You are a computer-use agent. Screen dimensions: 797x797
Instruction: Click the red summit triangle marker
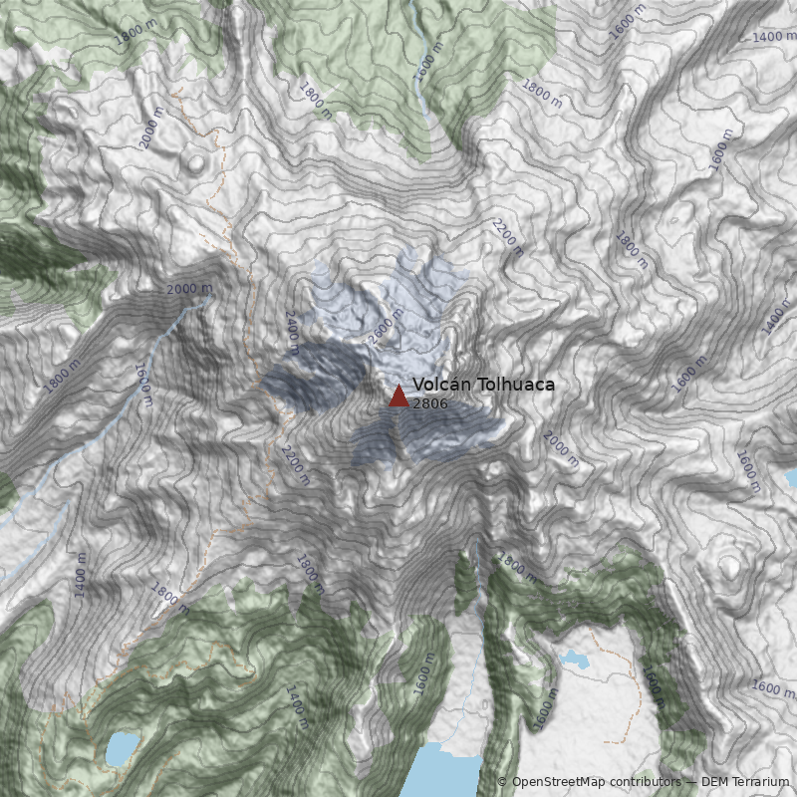[398, 397]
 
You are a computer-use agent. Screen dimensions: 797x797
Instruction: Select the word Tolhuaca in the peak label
[516, 385]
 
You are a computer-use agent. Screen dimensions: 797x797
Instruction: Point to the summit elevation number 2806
[429, 404]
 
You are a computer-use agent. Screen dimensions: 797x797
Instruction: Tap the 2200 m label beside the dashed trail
[295, 464]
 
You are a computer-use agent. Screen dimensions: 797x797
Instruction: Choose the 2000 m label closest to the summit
[561, 448]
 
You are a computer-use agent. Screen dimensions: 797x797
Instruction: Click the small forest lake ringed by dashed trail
[122, 748]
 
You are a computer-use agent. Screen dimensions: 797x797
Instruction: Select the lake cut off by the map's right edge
[791, 479]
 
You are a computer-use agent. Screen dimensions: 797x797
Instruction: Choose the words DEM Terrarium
[745, 782]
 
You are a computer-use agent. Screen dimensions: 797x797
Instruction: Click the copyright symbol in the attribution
[502, 782]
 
